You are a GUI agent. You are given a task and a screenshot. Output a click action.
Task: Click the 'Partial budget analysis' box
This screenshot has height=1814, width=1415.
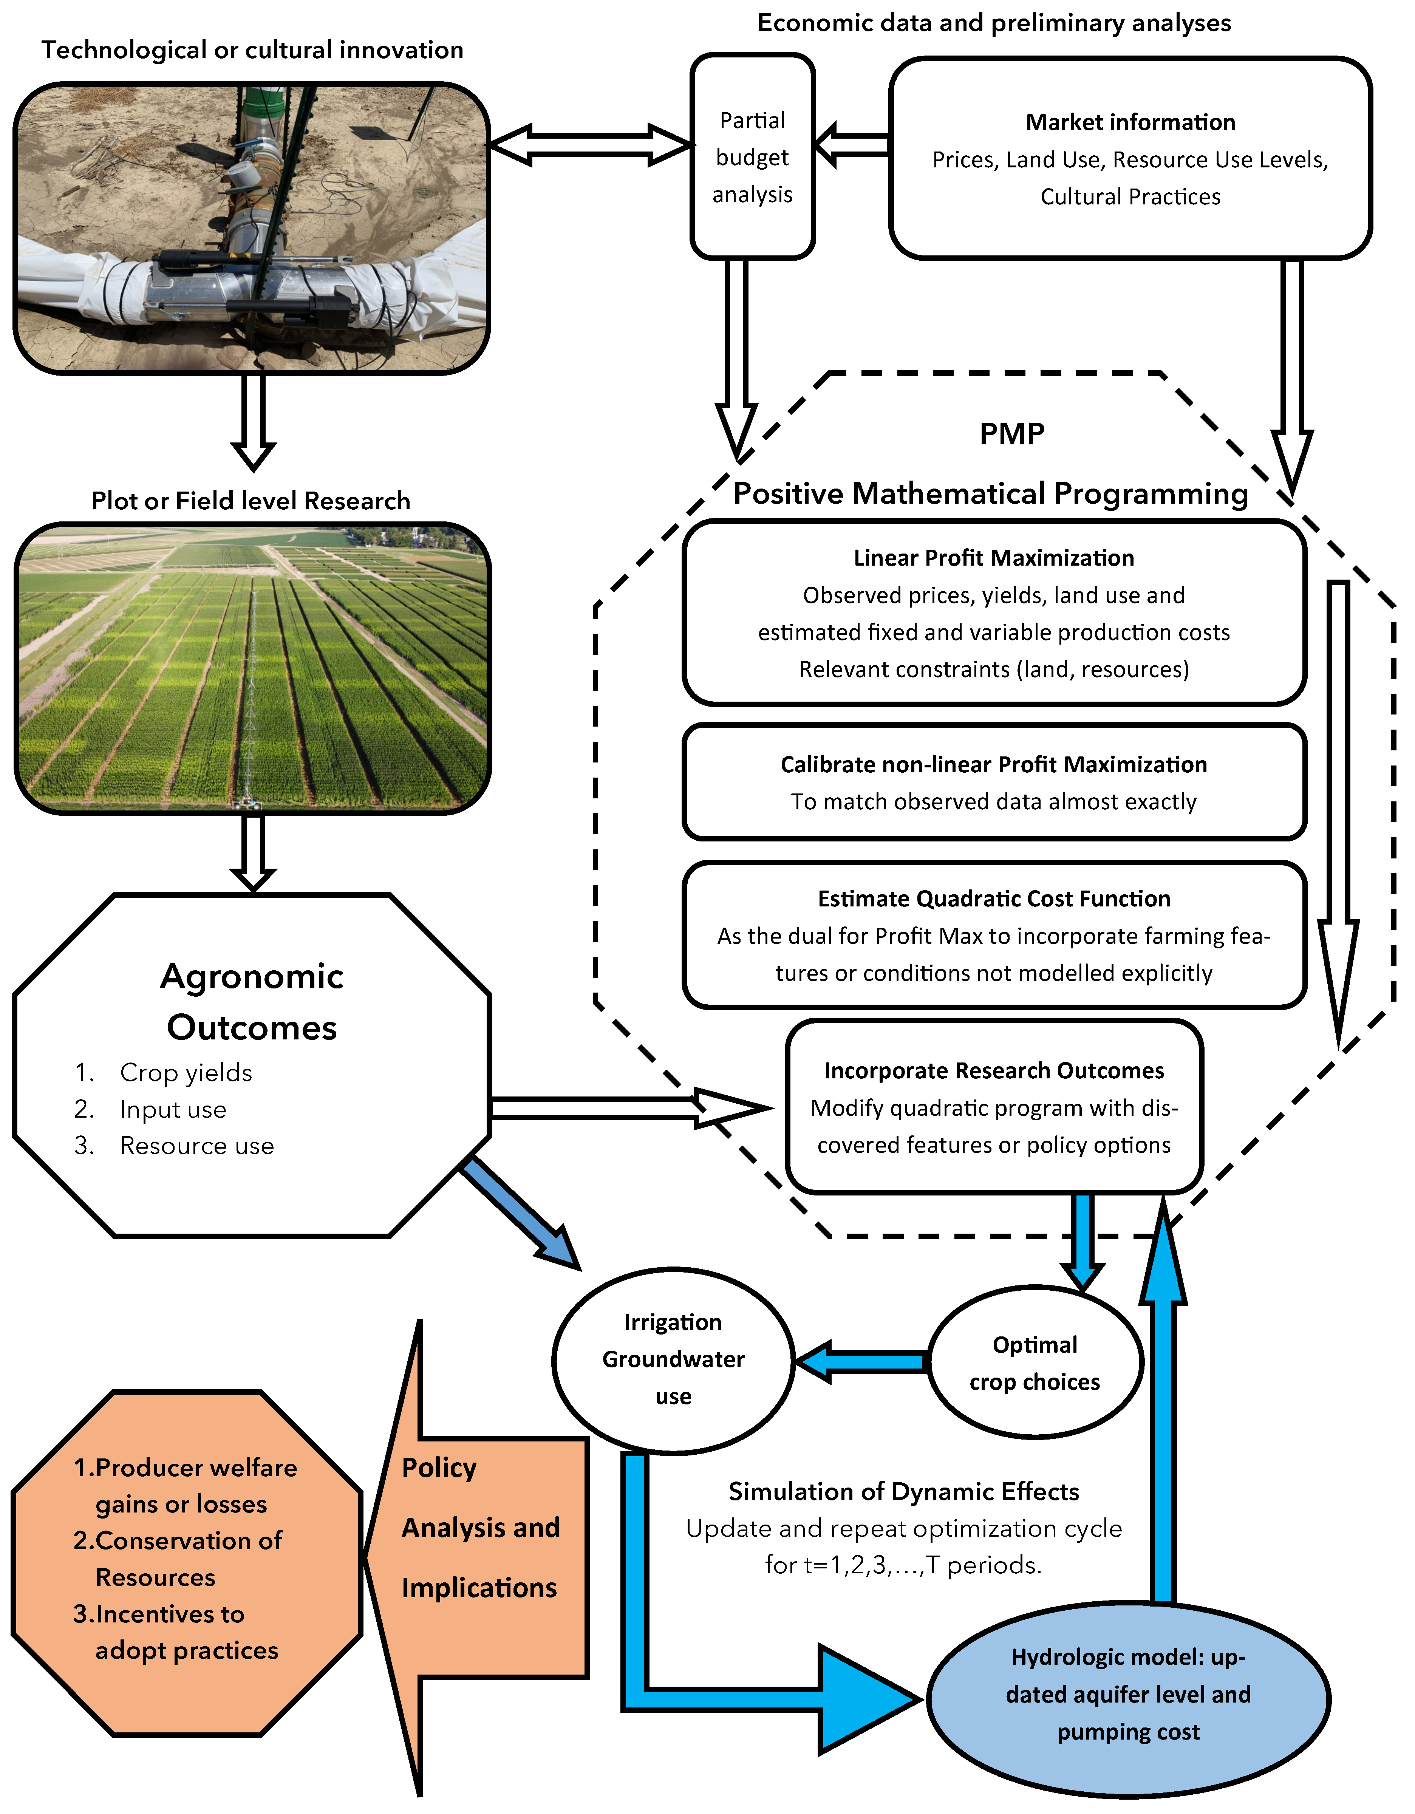click(752, 157)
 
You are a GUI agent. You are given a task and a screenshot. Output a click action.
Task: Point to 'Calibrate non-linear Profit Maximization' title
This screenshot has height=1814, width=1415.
click(993, 764)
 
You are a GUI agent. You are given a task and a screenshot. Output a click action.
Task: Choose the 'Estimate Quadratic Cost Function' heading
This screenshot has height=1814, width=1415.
click(993, 899)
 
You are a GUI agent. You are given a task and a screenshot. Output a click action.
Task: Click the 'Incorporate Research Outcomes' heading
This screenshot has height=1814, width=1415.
click(993, 1071)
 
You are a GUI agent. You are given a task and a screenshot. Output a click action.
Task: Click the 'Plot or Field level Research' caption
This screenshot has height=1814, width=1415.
click(251, 501)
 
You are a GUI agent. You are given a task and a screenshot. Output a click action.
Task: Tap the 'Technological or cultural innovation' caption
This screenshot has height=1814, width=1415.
click(252, 50)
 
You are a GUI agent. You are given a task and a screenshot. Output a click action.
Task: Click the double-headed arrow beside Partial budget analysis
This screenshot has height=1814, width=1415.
click(589, 145)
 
